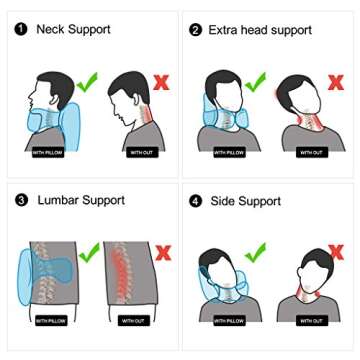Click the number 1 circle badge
coord(21,30)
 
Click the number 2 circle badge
coord(195,30)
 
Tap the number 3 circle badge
coord(21,201)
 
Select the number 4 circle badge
coord(195,201)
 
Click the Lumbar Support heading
coord(82,201)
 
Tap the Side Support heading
coord(245,201)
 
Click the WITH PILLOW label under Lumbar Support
coord(51,321)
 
